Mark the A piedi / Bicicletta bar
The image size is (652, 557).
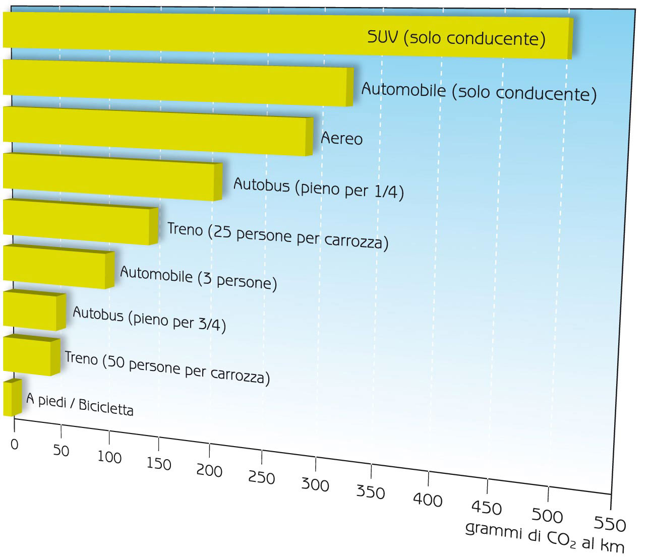coord(11,398)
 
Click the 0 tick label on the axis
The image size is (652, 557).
coord(14,445)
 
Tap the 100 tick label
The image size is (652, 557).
coord(109,458)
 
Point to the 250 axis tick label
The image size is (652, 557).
coord(262,477)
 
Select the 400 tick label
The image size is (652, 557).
coord(428,500)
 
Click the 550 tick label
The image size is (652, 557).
coord(610,525)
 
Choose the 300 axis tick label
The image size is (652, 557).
coord(315,485)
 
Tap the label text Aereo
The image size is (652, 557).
coord(341,138)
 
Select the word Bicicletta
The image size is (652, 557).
coord(106,407)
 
